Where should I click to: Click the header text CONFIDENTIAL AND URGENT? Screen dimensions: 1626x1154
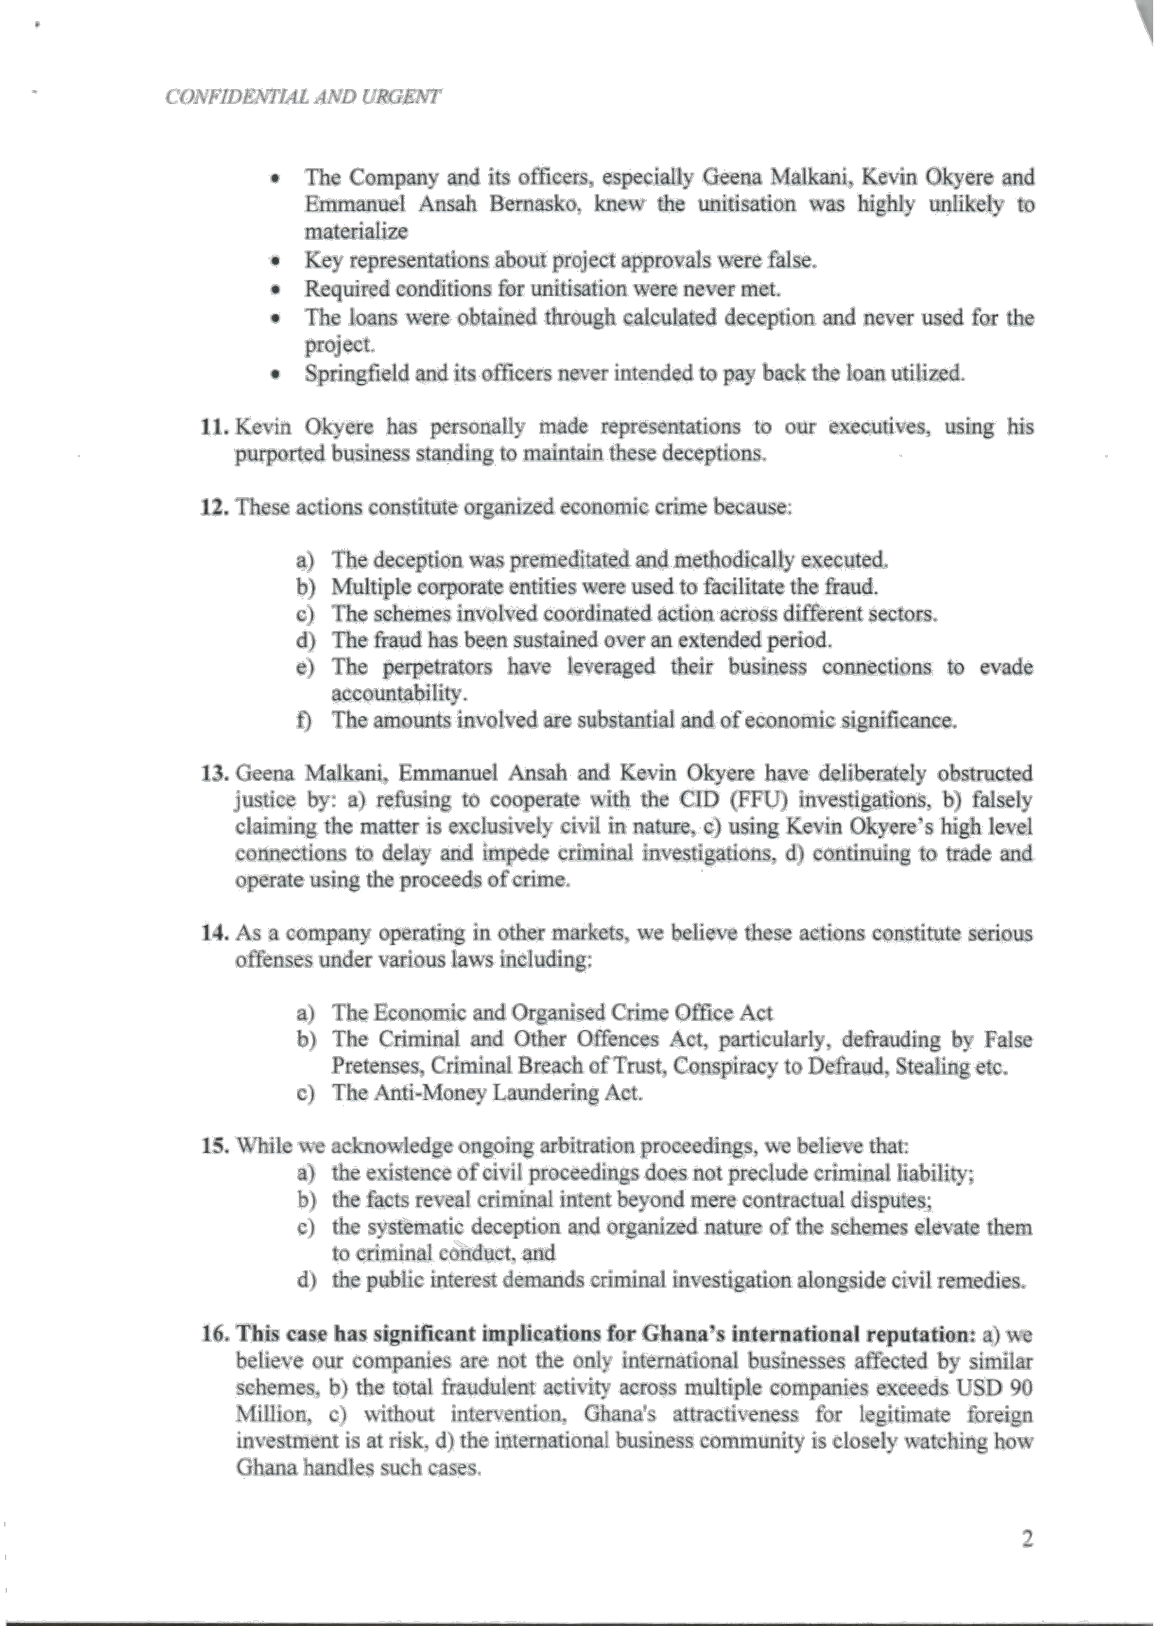[303, 97]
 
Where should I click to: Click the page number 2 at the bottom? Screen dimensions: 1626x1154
[1026, 1559]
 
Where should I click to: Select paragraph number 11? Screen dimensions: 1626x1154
[213, 427]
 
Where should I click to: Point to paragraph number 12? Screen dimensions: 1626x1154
[213, 507]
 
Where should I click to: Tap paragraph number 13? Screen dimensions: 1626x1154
[213, 773]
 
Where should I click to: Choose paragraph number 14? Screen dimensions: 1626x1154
[213, 933]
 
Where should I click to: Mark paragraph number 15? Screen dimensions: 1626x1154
[213, 1146]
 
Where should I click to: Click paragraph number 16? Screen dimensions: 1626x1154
[213, 1334]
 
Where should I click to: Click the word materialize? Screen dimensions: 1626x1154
[356, 231]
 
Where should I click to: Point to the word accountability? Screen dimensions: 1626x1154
[399, 692]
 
